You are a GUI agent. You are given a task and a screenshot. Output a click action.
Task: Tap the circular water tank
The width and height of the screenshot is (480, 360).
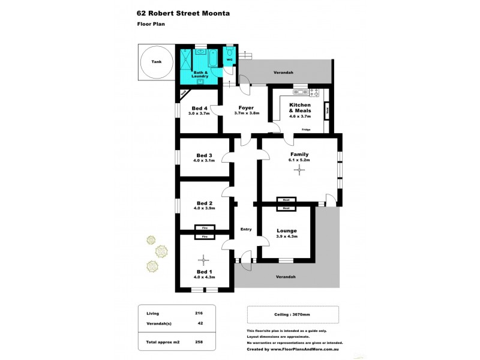156,62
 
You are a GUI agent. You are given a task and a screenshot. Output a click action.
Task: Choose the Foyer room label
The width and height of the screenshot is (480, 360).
245,108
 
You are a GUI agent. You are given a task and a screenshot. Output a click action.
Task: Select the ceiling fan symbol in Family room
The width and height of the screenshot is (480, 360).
299,170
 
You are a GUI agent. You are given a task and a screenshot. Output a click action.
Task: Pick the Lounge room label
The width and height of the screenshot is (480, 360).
287,230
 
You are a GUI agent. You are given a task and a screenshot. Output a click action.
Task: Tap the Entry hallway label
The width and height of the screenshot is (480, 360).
246,229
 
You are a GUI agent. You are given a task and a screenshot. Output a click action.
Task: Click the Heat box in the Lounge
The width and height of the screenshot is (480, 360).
286,208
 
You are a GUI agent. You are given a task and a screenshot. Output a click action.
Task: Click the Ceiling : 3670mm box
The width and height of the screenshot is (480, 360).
293,314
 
